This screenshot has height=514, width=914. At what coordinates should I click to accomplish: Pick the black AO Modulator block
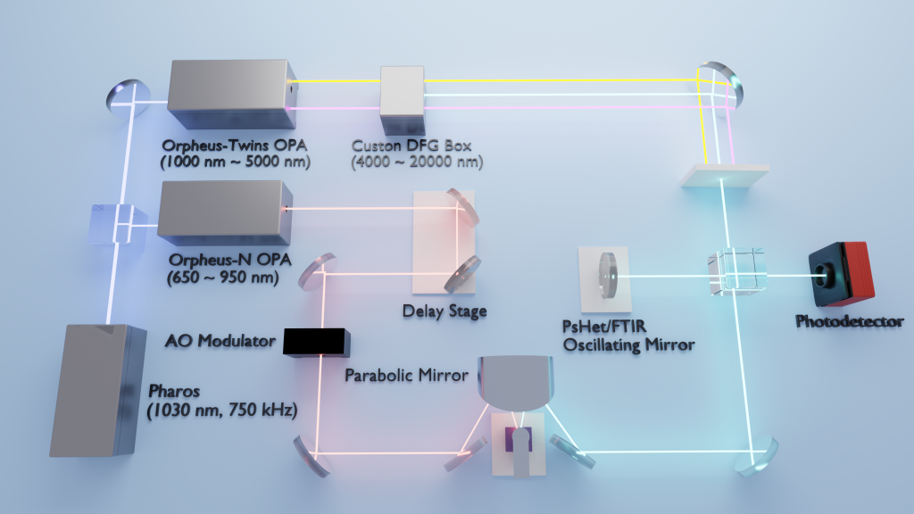pos(316,341)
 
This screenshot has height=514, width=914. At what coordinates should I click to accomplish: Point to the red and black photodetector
pos(841,272)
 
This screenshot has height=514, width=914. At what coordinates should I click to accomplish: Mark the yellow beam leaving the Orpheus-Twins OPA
pos(335,79)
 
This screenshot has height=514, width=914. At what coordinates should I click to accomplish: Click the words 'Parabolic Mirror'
pos(406,375)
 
